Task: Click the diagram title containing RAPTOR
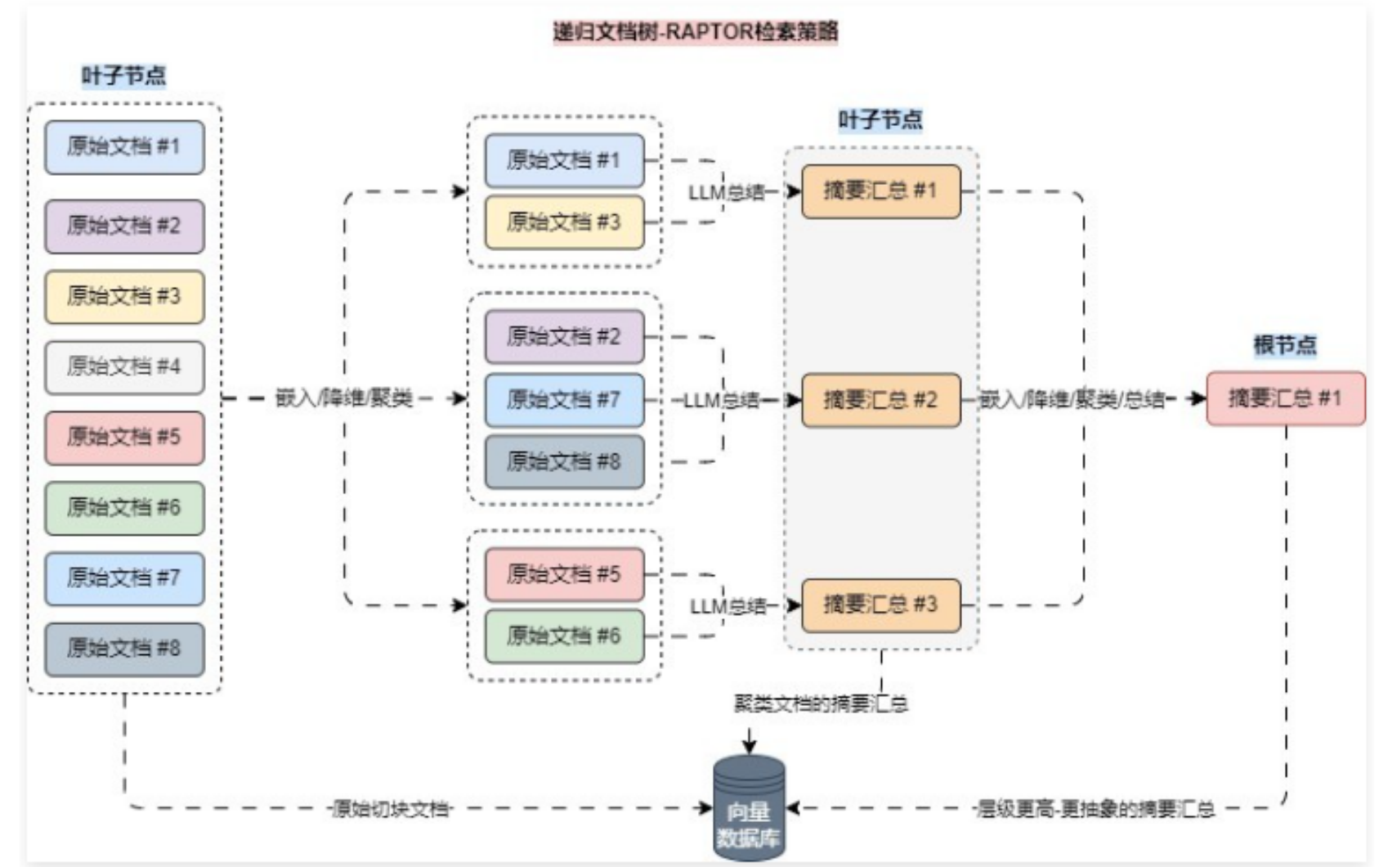(x=696, y=32)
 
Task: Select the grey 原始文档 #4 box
(x=124, y=366)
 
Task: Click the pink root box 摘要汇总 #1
(x=1285, y=398)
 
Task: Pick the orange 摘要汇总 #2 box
(x=880, y=400)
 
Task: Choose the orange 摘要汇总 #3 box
(x=880, y=604)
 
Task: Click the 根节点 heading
(x=1285, y=345)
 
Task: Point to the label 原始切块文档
(x=391, y=809)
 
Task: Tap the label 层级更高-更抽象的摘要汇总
(x=1095, y=809)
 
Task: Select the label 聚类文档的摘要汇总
(x=821, y=703)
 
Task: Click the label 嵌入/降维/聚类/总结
(x=1072, y=399)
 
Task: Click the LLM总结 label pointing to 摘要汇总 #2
(x=720, y=400)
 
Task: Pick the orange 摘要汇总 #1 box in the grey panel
(x=880, y=191)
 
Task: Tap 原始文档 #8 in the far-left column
(x=124, y=649)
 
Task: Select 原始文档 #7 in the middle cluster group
(x=564, y=400)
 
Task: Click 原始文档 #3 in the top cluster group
(x=564, y=222)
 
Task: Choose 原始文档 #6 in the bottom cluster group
(x=564, y=636)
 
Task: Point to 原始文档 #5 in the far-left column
(x=124, y=437)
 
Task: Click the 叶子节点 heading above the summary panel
(x=880, y=120)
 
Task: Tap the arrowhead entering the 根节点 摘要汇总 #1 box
(x=1198, y=398)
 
